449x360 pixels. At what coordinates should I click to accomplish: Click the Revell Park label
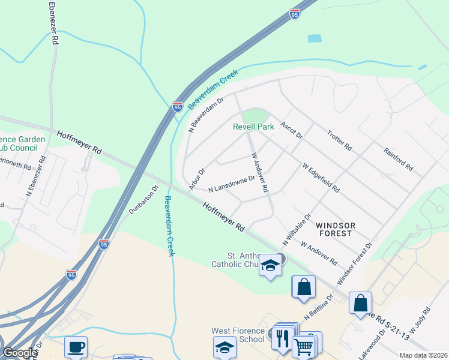coord(253,127)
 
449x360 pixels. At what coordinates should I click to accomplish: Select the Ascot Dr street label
coord(291,129)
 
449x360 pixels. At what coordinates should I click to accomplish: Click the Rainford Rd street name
coord(399,159)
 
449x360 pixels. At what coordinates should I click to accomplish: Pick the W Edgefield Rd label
coord(321,178)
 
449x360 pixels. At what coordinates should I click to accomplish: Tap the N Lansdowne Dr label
coord(231,184)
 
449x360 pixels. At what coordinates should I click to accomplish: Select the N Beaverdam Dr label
coord(206,114)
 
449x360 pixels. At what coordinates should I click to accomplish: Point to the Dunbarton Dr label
coord(143,200)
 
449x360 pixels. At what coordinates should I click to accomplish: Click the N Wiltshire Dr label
coord(297,229)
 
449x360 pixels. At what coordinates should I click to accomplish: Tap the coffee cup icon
coord(76,347)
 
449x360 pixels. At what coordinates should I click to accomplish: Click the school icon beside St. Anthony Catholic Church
coord(270,266)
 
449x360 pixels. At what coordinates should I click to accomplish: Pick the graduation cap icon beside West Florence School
coord(224,347)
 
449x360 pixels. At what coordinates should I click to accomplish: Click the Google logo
coord(20,353)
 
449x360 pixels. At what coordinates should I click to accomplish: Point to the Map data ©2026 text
coord(423,355)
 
